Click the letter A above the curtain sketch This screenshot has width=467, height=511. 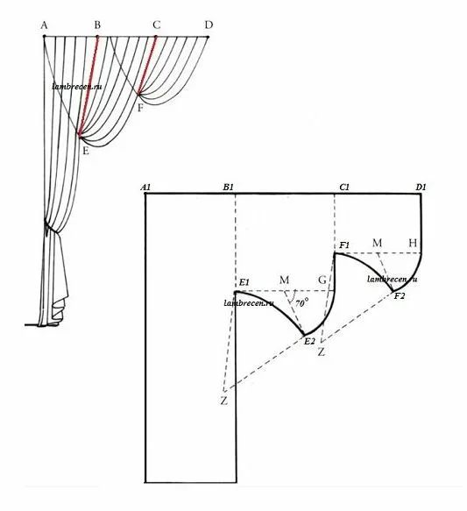[45, 25]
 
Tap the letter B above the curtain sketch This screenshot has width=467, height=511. [97, 25]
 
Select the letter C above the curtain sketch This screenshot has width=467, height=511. [157, 25]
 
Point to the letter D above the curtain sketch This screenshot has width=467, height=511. [209, 25]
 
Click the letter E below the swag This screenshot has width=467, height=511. [86, 151]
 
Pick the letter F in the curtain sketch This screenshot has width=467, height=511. [140, 108]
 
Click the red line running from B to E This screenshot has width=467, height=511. [88, 85]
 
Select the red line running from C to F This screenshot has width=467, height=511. [147, 66]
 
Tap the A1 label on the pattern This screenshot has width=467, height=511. [145, 188]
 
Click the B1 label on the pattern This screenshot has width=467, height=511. [229, 188]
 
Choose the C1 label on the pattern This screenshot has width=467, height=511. [344, 188]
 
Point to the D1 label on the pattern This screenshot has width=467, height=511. [421, 188]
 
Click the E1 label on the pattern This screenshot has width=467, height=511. [244, 282]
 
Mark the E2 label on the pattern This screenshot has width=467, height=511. [309, 341]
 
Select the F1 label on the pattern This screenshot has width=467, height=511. [344, 245]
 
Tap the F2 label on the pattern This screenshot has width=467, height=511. [400, 296]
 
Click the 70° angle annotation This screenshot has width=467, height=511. [302, 303]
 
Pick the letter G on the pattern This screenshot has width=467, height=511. [322, 280]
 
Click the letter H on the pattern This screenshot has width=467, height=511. [413, 243]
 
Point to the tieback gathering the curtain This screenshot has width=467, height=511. [52, 227]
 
